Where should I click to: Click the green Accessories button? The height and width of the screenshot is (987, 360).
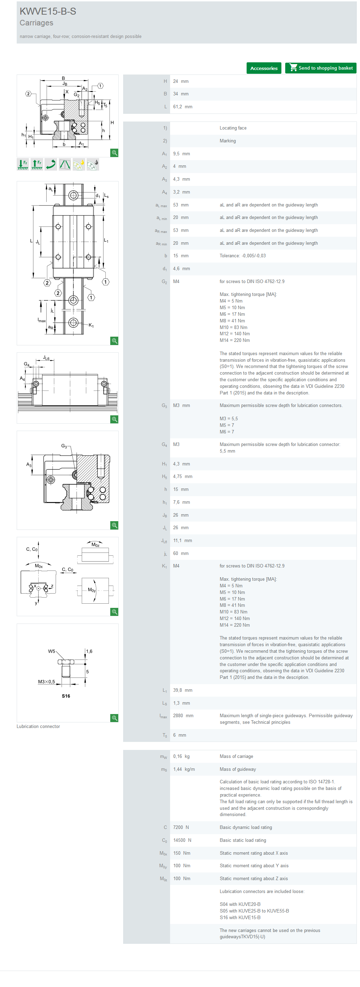pos(264,68)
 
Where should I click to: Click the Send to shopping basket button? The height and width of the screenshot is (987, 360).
pos(321,68)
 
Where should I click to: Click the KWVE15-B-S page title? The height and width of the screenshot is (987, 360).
pos(48,11)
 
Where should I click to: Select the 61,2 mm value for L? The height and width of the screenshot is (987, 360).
pos(183,107)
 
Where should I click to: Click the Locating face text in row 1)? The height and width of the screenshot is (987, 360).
pos(233,128)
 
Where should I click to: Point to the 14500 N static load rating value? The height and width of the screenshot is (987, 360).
pos(182,840)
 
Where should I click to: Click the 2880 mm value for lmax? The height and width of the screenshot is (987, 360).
pos(183,715)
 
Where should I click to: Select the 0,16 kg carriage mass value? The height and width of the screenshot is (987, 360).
pos(181,756)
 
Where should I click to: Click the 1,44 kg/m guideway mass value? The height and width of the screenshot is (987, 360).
pos(184,769)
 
